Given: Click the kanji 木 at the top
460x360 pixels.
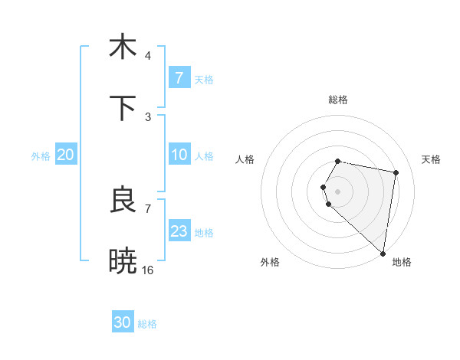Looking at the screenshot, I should click(x=123, y=47).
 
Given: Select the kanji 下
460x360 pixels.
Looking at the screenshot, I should click(x=123, y=108).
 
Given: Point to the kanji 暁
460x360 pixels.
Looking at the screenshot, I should click(x=123, y=261).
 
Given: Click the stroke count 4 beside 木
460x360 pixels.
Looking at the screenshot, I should click(x=148, y=56).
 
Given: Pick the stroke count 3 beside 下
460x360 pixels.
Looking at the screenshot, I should click(x=148, y=117).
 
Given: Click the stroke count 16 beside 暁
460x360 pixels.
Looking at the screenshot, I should click(x=148, y=270).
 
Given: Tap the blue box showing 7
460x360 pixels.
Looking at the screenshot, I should click(x=179, y=77).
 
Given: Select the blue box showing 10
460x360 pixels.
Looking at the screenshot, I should click(x=179, y=155).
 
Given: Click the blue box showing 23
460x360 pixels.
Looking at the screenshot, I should click(x=179, y=231).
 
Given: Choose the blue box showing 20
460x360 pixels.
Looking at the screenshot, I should click(x=66, y=155).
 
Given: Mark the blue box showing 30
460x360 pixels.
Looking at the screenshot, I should click(x=123, y=322).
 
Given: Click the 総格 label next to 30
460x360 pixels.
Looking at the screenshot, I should click(x=147, y=324).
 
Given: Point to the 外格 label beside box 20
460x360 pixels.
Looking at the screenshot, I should click(x=41, y=156).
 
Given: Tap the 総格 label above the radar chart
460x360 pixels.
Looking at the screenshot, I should click(x=338, y=100).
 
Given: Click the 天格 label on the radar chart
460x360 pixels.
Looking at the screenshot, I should click(x=432, y=159).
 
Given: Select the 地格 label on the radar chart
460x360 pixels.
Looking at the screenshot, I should click(x=402, y=262).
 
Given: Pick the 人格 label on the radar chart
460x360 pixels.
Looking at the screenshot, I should click(x=245, y=159).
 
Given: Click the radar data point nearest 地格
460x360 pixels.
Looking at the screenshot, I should click(x=383, y=254).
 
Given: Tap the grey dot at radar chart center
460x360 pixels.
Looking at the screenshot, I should click(x=338, y=191).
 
